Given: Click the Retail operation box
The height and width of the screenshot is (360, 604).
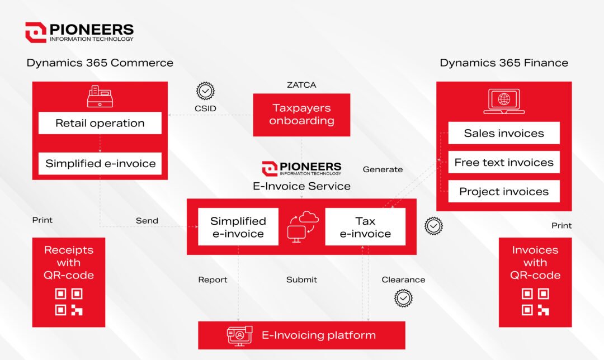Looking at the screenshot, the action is pos(100,123).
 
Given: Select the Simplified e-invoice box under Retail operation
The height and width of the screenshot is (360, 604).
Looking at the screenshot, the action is pos(100,163).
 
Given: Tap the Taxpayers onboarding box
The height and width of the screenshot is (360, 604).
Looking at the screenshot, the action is pos(301,115).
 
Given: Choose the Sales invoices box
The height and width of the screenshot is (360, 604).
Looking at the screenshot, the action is pos(504,133).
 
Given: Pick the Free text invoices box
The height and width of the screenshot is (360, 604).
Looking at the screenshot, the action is pos(504,162).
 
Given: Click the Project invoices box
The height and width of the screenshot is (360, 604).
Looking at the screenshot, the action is pos(504,191).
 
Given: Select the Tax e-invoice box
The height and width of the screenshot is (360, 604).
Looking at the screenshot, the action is pos(365,227).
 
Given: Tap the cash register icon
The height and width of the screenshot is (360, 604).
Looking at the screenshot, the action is pos(100,96).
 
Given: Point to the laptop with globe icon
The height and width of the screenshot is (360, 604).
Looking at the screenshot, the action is pos(504,101).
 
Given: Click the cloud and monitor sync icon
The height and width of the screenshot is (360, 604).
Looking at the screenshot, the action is pos(303,227).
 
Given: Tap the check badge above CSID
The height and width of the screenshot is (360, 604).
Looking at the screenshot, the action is pos(205,91).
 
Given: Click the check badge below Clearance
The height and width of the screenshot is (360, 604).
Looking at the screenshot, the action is pos(403,298).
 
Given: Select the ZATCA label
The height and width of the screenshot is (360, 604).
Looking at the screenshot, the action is pos(301,85).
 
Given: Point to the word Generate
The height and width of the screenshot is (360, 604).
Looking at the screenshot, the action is pos(383,169).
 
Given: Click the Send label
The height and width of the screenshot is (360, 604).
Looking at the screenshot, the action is pos(147,221).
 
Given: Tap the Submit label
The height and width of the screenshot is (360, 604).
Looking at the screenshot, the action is pos(301,280).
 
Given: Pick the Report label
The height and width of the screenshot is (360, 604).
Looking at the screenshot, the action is pos(213,280).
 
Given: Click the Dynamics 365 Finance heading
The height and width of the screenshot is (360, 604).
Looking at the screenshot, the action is pos(504,63).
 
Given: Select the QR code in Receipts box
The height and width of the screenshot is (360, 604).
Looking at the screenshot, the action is pos(69,302).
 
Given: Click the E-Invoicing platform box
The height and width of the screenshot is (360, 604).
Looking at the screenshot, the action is pos(301,335).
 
